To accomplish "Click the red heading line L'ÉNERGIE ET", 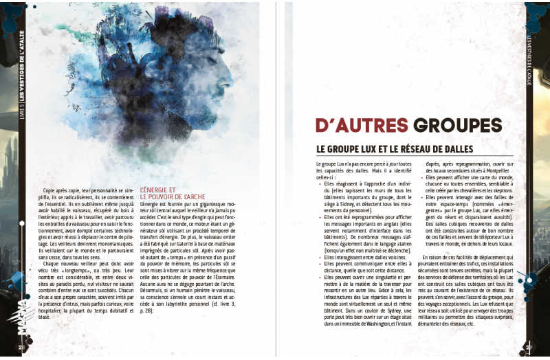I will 158,190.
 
